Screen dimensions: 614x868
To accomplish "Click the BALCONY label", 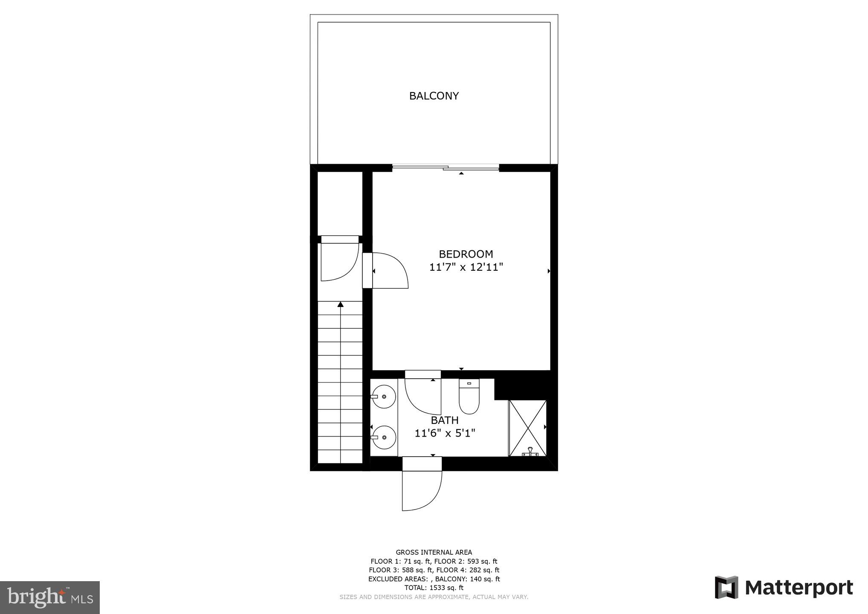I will [434, 96].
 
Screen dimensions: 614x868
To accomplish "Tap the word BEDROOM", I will [466, 254].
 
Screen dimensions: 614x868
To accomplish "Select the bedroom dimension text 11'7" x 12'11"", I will [466, 267].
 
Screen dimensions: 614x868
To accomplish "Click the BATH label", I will [445, 420].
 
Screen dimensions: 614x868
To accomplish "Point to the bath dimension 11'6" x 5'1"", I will [445, 434].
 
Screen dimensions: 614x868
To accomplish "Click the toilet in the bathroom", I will [469, 399].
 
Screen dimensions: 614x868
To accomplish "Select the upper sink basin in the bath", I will [384, 397].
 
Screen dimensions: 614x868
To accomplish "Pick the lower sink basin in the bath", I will [384, 437].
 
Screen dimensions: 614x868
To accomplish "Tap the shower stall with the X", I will [528, 428].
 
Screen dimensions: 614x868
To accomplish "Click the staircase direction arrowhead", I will [340, 304].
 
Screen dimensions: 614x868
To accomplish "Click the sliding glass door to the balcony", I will [446, 168].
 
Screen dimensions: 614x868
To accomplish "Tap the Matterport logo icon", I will [726, 587].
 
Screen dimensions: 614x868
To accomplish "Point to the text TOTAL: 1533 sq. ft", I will [434, 588].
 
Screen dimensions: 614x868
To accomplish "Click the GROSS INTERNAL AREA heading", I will [434, 552].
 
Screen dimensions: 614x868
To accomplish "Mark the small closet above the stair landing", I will [340, 203].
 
